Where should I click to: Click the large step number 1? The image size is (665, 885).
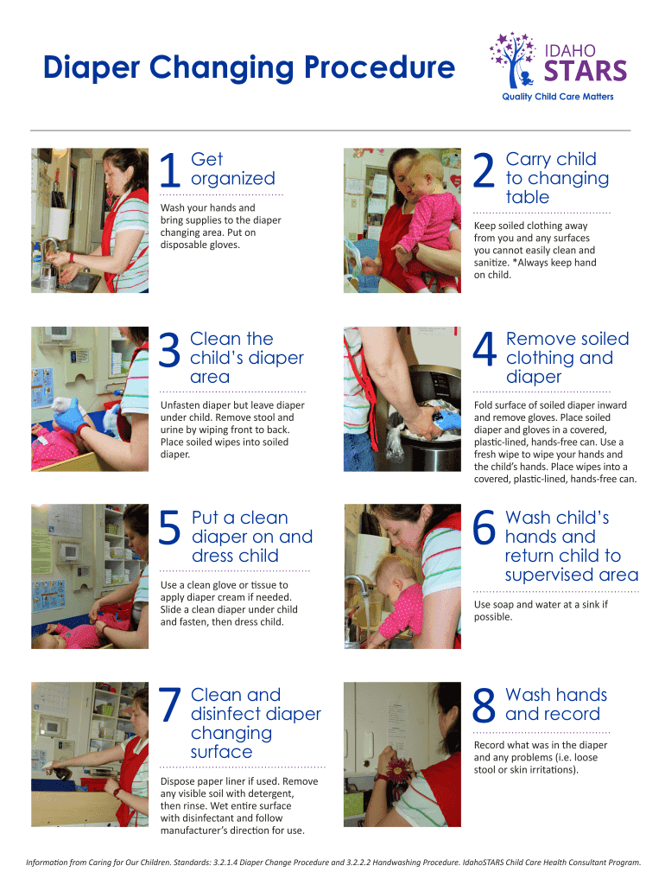pyautogui.click(x=170, y=170)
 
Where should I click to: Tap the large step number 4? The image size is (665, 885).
pyautogui.click(x=484, y=349)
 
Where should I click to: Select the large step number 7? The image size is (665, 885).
pyautogui.click(x=170, y=705)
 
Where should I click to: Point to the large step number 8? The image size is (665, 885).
pyautogui.click(x=484, y=705)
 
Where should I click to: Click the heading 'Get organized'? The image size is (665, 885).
pyautogui.click(x=233, y=169)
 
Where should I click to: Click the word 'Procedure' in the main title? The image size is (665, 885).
pyautogui.click(x=380, y=67)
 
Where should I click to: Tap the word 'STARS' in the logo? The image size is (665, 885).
pyautogui.click(x=586, y=71)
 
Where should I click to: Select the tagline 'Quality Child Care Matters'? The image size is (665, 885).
pyautogui.click(x=558, y=97)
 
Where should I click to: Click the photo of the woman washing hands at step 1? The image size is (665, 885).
pyautogui.click(x=90, y=220)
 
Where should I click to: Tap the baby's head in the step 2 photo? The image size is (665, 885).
pyautogui.click(x=425, y=173)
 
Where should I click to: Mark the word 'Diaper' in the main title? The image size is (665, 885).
pyautogui.click(x=92, y=68)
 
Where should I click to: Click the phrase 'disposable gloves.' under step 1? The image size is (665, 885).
pyautogui.click(x=200, y=245)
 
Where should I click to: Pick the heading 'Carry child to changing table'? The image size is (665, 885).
pyautogui.click(x=557, y=178)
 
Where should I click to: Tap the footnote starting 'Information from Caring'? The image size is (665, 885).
pyautogui.click(x=333, y=863)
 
